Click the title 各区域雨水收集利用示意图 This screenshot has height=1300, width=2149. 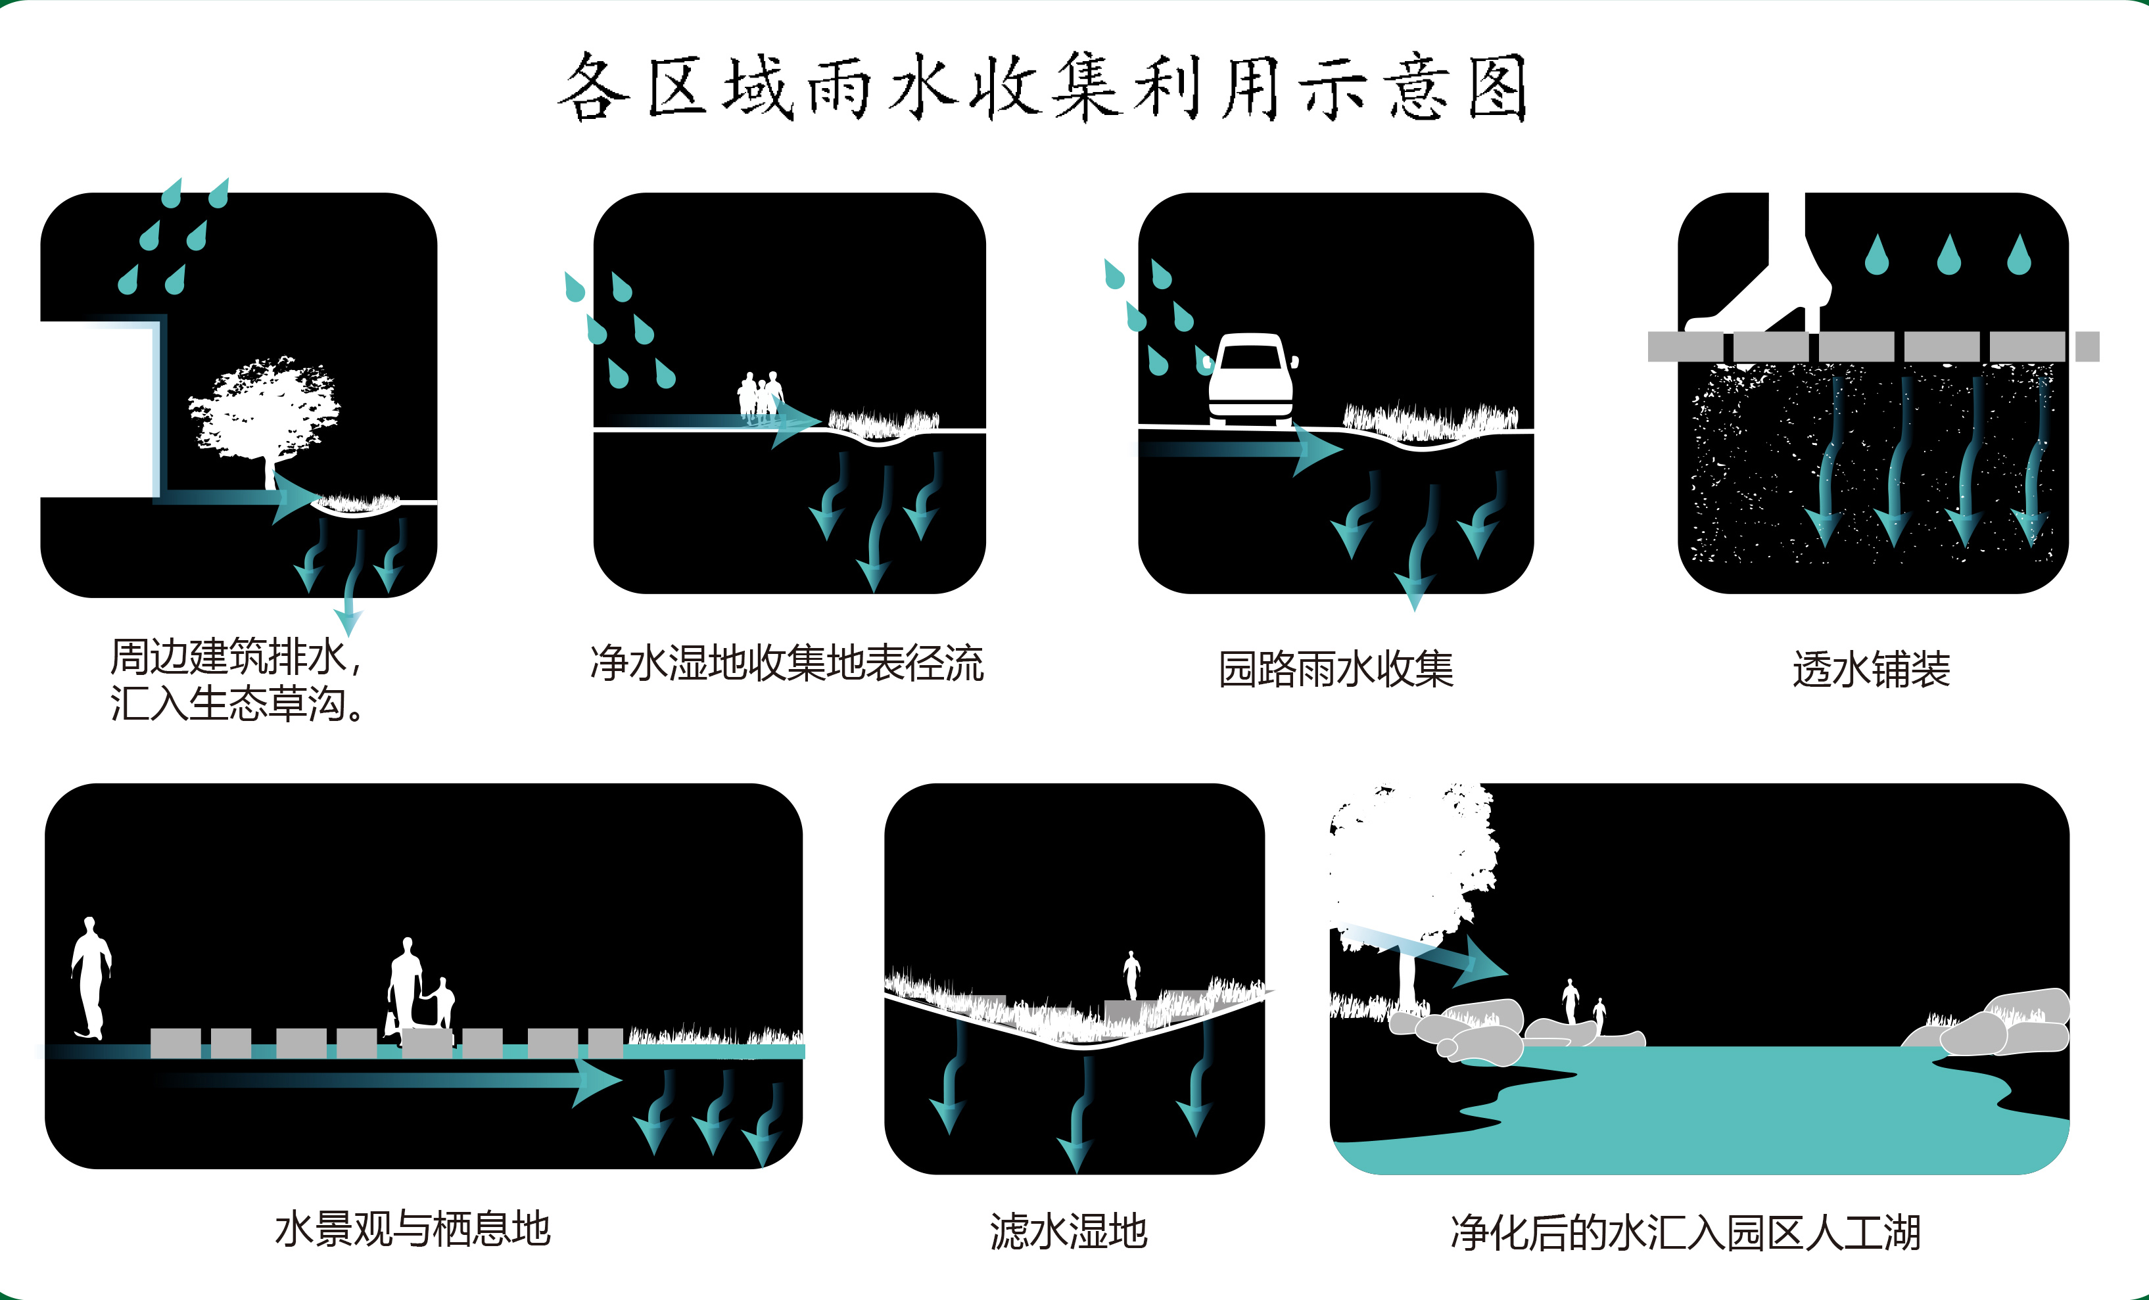click(x=1042, y=87)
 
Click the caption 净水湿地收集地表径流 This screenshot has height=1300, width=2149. click(x=787, y=664)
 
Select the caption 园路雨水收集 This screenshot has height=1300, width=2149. click(x=1335, y=670)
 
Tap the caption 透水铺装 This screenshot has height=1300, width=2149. click(x=1871, y=670)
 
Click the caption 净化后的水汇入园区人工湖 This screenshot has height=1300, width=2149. click(x=1685, y=1233)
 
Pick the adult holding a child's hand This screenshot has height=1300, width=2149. click(x=406, y=985)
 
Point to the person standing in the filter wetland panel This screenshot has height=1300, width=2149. click(x=1131, y=974)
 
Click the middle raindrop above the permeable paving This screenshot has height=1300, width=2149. click(x=1948, y=254)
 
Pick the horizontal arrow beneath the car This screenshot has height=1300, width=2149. click(x=1239, y=449)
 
